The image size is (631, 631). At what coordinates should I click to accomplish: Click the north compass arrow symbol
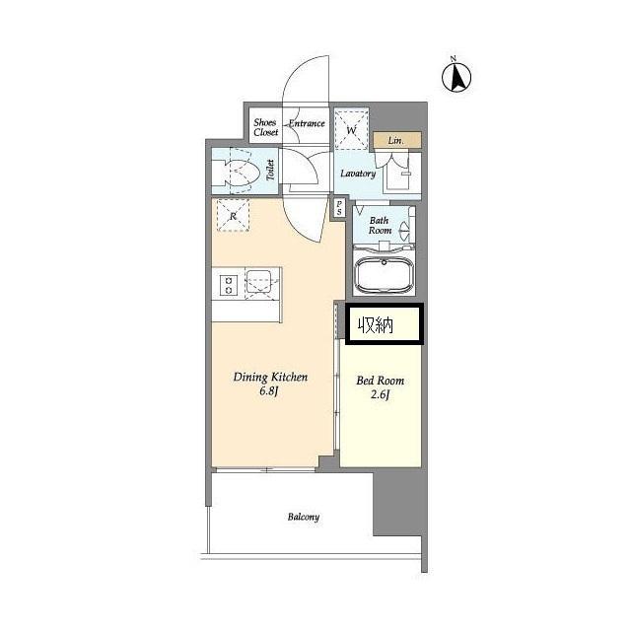(456, 77)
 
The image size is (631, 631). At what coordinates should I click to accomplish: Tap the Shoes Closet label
(265, 127)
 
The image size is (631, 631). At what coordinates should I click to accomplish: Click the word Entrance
(307, 123)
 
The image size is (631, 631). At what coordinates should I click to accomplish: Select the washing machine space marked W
(352, 128)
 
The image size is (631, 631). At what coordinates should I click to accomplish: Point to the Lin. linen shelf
(397, 140)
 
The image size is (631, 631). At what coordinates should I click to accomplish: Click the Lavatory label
(358, 174)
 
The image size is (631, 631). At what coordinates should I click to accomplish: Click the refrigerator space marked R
(233, 215)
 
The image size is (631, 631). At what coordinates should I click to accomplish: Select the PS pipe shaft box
(339, 208)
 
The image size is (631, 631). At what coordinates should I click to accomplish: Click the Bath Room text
(380, 226)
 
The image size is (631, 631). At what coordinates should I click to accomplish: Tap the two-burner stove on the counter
(228, 285)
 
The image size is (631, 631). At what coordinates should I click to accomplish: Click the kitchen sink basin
(258, 281)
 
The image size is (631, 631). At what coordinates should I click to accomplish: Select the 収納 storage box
(385, 324)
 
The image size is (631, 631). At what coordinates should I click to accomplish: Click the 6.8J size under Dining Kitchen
(269, 391)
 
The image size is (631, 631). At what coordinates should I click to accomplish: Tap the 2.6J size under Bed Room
(380, 394)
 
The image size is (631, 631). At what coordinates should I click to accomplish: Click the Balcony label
(304, 517)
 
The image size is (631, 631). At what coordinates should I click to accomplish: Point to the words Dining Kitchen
(270, 377)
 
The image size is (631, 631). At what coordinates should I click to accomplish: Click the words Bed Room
(380, 381)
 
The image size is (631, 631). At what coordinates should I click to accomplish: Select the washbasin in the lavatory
(398, 173)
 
